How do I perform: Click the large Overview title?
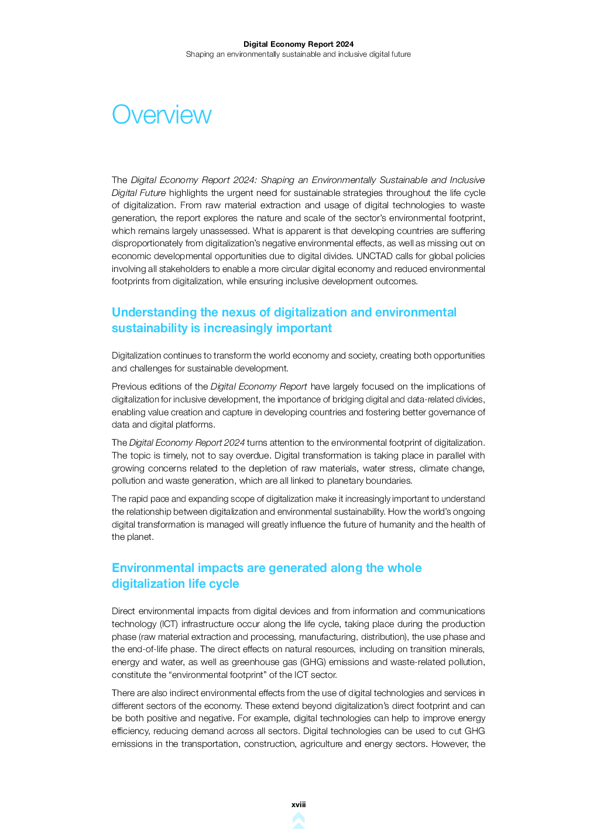tap(162, 115)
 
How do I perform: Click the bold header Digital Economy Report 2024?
tap(298, 44)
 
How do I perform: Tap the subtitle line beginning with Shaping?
tap(298, 54)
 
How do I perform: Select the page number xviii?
tap(298, 805)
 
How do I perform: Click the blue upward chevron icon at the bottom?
tap(298, 820)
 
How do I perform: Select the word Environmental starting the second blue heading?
tap(153, 568)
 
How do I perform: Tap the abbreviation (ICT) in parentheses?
tap(169, 624)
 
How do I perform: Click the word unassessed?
tap(225, 231)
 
